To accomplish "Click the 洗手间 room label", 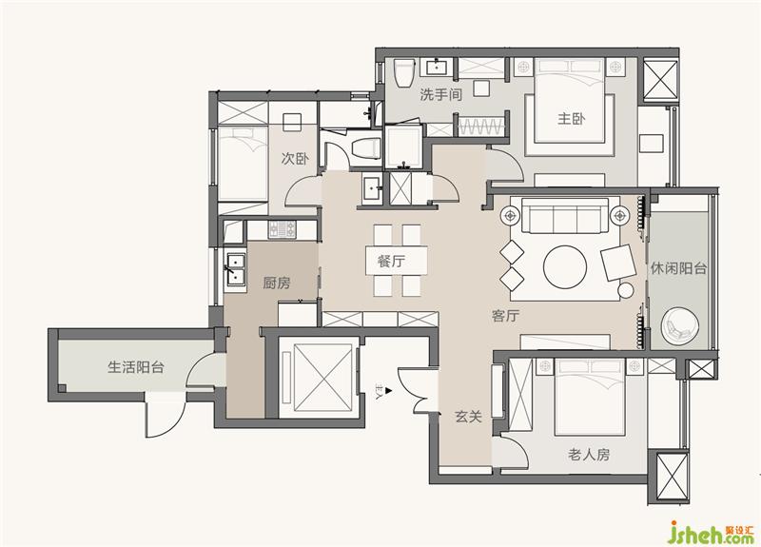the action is point(440,94).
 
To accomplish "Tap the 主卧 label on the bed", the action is point(572,118).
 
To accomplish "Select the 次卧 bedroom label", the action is point(295,158).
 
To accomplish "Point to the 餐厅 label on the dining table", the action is point(391,261).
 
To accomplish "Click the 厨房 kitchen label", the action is point(277,283).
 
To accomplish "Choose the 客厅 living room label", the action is point(505,316).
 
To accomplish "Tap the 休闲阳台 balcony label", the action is point(678,268).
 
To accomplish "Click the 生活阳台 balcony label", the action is point(135,367).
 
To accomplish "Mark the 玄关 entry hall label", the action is point(468,416).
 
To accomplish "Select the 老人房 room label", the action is point(589,455).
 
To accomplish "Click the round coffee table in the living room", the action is point(565,267).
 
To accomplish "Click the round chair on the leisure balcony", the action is point(680,326).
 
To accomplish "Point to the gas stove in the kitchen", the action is point(282,228).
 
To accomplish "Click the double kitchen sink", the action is point(235,269).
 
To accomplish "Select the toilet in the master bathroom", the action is point(403,73).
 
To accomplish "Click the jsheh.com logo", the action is point(711,533).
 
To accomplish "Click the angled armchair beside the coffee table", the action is point(617,263).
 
